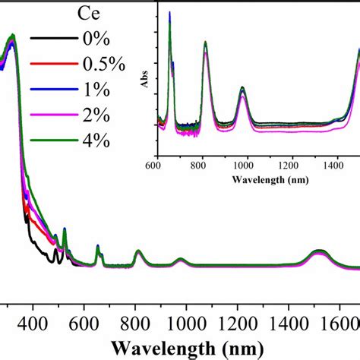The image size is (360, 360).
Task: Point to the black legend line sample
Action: tap(49, 40)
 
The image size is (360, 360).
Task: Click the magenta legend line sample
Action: tap(49, 115)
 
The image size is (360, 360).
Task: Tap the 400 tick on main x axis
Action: tap(33, 324)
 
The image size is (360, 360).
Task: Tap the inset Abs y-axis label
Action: tap(144, 80)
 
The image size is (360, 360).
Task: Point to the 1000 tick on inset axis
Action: tap(245, 163)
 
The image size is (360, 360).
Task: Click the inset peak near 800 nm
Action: tap(205, 43)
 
